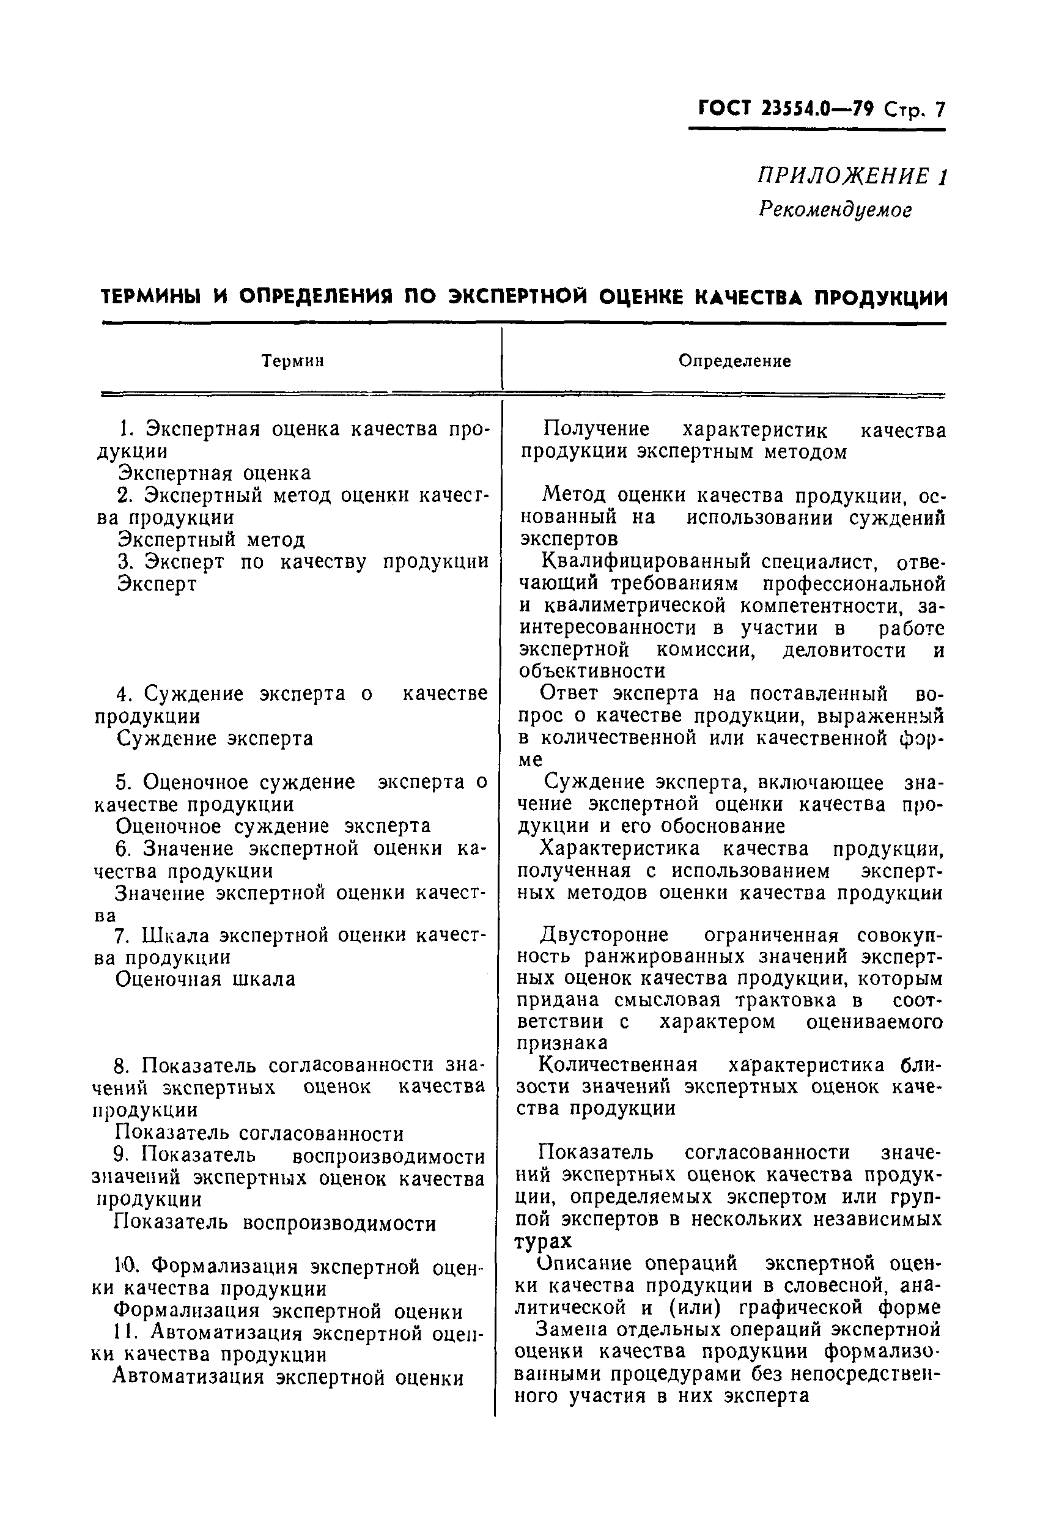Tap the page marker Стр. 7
coord(914,109)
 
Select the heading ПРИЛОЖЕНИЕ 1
coord(851,176)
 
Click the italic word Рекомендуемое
coord(835,210)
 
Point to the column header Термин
coord(292,361)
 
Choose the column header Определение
coord(734,361)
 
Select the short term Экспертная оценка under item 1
coord(214,473)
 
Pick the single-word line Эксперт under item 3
coord(157,584)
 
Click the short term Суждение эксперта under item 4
coord(215,739)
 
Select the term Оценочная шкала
coord(205,979)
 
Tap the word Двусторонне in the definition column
coord(605,936)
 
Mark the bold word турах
coord(543,1241)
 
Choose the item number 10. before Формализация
coord(124,1267)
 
